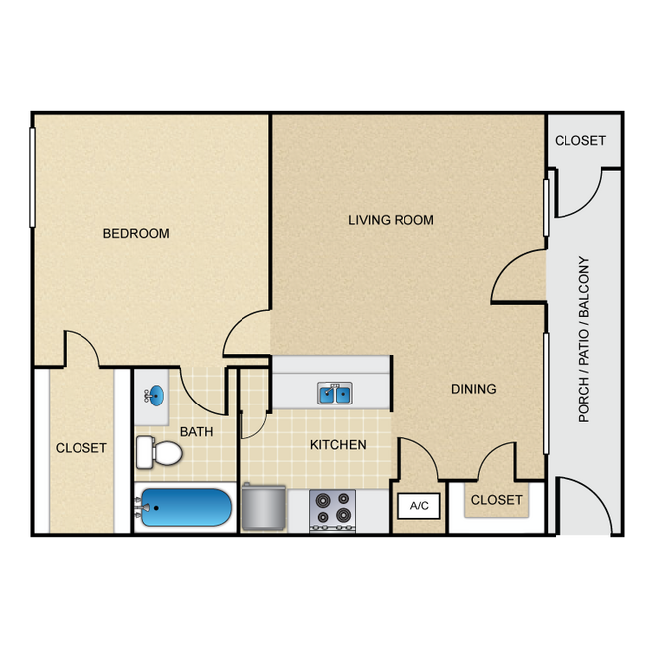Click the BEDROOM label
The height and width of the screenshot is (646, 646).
click(x=136, y=234)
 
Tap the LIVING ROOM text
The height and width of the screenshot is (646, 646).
click(x=391, y=220)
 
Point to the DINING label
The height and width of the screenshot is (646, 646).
click(x=474, y=389)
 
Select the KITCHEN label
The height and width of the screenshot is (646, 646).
click(x=338, y=445)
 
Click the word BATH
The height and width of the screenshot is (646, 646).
click(x=197, y=431)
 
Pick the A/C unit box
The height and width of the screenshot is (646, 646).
click(x=419, y=506)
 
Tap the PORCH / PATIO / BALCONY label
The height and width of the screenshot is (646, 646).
click(x=584, y=340)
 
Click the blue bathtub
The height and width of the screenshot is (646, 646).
click(x=186, y=507)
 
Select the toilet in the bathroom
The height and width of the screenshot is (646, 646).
click(x=159, y=452)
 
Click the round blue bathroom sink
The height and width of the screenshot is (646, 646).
click(x=156, y=396)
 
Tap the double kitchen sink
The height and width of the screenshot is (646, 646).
click(x=335, y=394)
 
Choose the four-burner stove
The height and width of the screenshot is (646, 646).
click(x=333, y=511)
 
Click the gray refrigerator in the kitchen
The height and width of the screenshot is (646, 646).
click(x=263, y=507)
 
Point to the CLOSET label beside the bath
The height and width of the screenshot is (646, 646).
click(x=81, y=448)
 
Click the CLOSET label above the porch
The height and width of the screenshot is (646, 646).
click(x=580, y=141)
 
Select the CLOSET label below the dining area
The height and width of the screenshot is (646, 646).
click(x=497, y=500)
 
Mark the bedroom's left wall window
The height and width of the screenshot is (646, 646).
click(x=32, y=177)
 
